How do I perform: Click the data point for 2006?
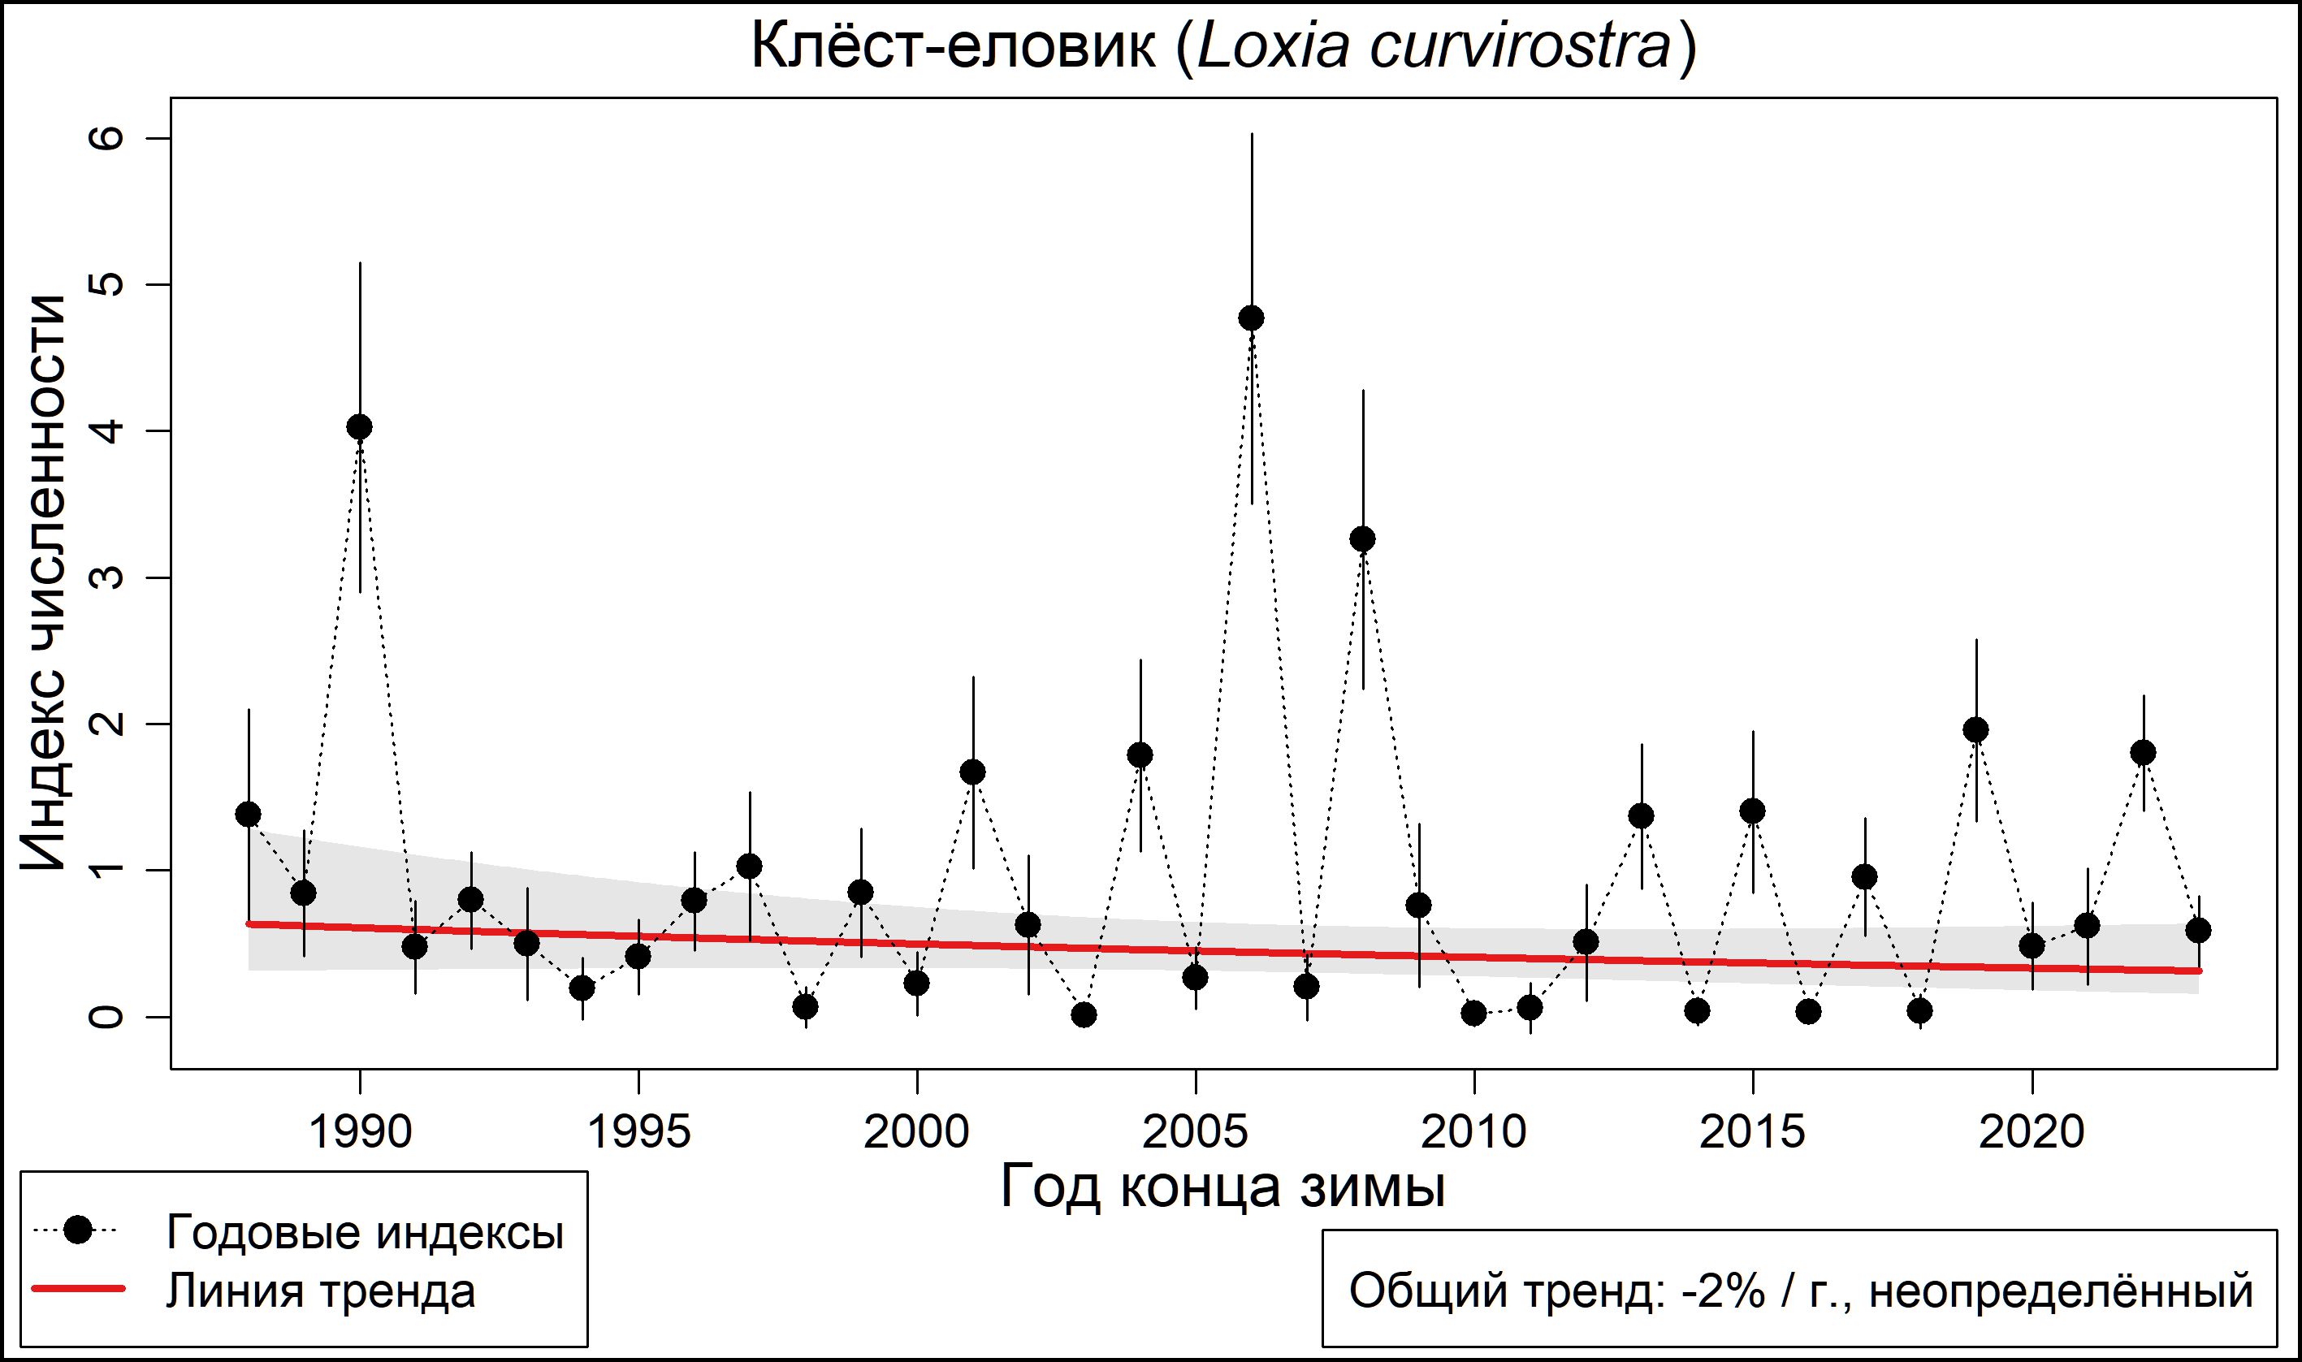click(1251, 318)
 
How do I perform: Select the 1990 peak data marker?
click(360, 426)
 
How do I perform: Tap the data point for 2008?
click(1363, 538)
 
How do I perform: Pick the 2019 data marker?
click(1976, 729)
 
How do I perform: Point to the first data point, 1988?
click(248, 814)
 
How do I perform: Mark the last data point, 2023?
click(2198, 931)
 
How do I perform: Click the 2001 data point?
click(973, 772)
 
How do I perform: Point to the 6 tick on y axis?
click(106, 139)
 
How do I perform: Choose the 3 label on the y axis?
click(106, 577)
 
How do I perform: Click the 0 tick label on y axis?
click(106, 1017)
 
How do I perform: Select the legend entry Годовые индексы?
click(365, 1233)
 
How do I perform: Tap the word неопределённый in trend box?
click(2062, 1291)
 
